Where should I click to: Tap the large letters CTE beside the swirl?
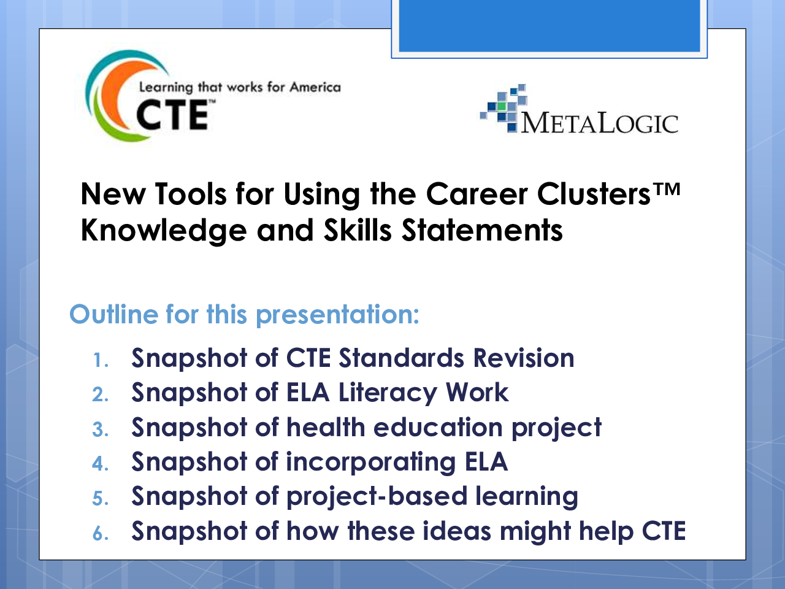[x=172, y=115]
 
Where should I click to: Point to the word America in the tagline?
[x=315, y=87]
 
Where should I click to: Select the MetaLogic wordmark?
[x=599, y=124]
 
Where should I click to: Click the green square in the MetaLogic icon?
[x=502, y=106]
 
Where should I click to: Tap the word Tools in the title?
[x=191, y=194]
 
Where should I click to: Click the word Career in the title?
[x=477, y=194]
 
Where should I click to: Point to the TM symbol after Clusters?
[x=666, y=189]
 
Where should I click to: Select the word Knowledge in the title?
[x=164, y=231]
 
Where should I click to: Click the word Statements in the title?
[x=483, y=230]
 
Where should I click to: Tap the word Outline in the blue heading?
[x=113, y=314]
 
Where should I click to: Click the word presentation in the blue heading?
[x=337, y=315]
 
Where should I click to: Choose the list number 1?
[x=101, y=360]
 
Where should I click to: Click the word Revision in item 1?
[x=524, y=358]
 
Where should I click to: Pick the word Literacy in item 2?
[x=388, y=393]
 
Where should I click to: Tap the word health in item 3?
[x=326, y=427]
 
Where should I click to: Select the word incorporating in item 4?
[x=371, y=463]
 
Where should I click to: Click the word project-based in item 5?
[x=377, y=497]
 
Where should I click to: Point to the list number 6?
[x=101, y=534]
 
